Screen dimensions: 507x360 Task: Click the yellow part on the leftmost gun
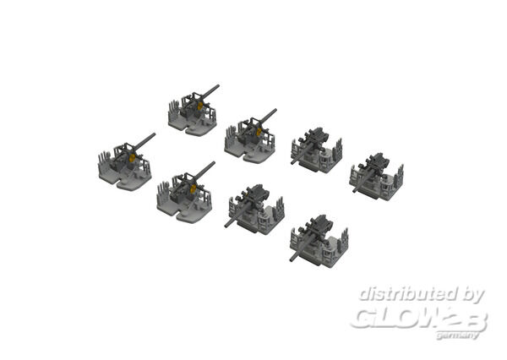pyautogui.click(x=132, y=158)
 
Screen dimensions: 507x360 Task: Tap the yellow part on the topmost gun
pyautogui.click(x=200, y=106)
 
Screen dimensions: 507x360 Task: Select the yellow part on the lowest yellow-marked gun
pyautogui.click(x=193, y=189)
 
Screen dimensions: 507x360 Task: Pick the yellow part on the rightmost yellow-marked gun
pyautogui.click(x=259, y=132)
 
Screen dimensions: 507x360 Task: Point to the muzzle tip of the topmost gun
pyautogui.click(x=218, y=86)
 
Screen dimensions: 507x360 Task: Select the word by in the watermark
pyautogui.click(x=472, y=295)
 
